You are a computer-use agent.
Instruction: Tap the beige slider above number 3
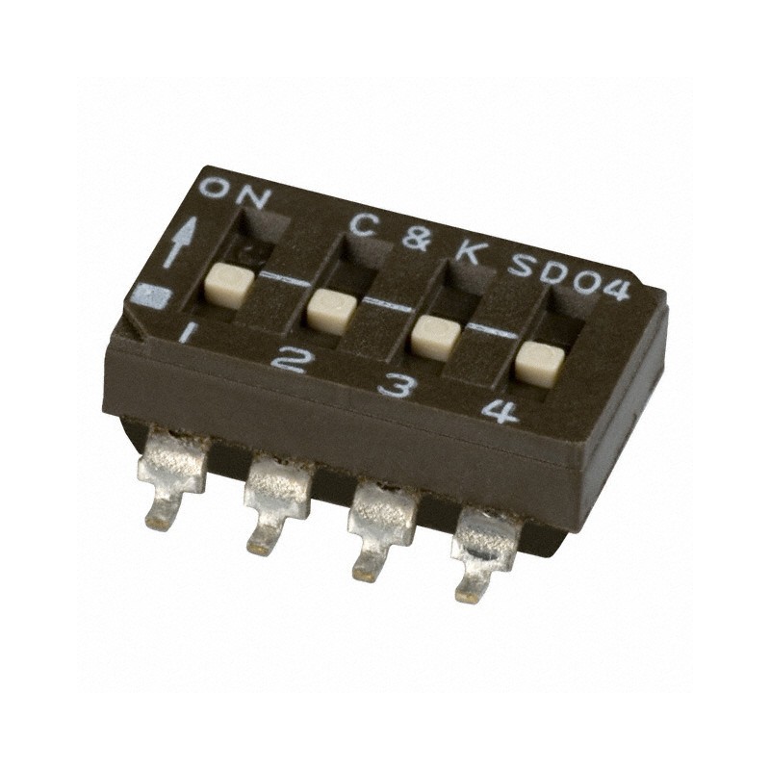(x=434, y=337)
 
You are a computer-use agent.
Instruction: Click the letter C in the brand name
(x=362, y=224)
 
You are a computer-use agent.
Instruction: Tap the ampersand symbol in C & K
(x=416, y=239)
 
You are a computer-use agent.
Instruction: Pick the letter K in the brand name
(x=468, y=253)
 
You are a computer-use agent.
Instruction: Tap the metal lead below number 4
(x=481, y=553)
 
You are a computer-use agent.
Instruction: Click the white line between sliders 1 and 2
(x=279, y=282)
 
